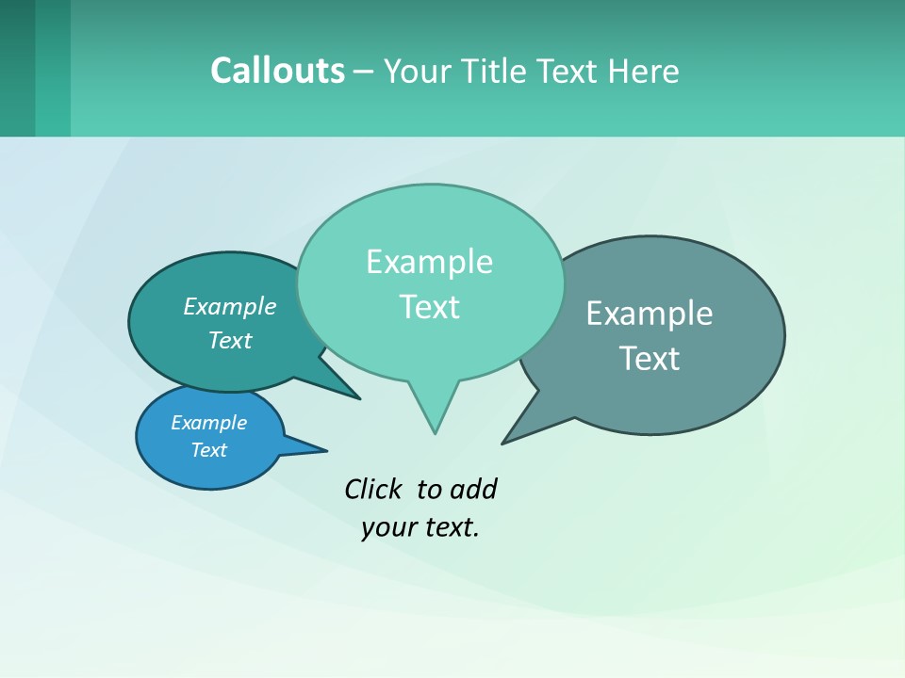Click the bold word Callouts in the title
pos(277,72)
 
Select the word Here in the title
pos(644,72)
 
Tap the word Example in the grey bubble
pos(650,314)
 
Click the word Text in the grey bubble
pos(650,359)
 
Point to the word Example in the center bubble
pos(429,262)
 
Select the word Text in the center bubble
pos(429,307)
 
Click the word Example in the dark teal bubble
pos(230,307)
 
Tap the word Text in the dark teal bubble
pos(230,341)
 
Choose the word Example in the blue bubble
pos(208,423)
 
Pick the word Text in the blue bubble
pos(208,450)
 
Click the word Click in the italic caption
pos(372,490)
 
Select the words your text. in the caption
pos(420,527)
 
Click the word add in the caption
pos(473,490)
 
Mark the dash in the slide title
pos(364,72)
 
